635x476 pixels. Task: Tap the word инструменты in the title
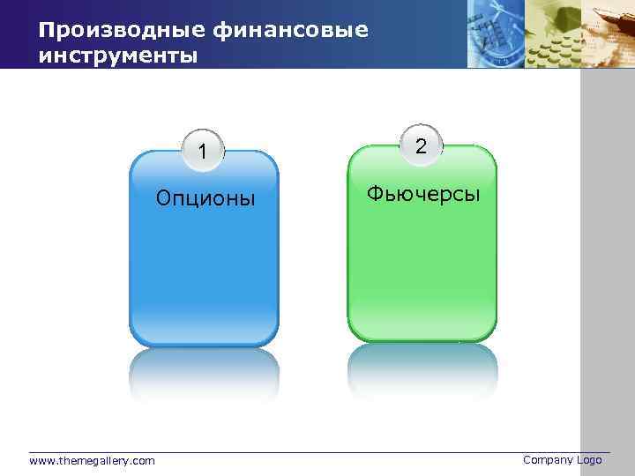pos(117,56)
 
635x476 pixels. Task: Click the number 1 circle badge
pos(203,152)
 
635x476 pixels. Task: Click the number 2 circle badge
pos(422,147)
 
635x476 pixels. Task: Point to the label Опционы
pos(205,197)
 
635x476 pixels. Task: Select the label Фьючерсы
pos(423,193)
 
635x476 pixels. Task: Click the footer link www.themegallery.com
pos(92,460)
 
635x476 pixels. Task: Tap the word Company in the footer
pos(548,459)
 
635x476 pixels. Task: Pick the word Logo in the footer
pos(589,459)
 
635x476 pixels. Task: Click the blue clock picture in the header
pos(494,33)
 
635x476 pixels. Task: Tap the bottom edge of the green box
pos(422,339)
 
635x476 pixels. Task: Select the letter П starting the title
pos(45,31)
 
